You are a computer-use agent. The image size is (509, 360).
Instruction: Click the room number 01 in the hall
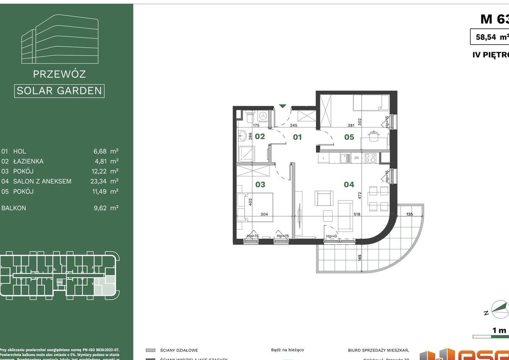pos(297,137)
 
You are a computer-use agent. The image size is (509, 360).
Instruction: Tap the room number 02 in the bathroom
pos(260,136)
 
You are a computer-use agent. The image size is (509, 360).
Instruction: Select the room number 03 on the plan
pos(260,184)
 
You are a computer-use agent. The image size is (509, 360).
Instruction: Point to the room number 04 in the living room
pos(349,184)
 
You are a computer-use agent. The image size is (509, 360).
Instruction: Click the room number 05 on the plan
pos(349,137)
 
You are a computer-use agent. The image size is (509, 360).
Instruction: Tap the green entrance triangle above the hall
pos(282,106)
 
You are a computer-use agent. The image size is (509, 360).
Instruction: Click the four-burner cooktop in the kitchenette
pos(370,158)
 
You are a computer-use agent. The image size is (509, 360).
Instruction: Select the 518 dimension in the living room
pos(356,214)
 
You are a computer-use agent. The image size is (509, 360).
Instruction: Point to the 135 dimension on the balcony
pos(410,214)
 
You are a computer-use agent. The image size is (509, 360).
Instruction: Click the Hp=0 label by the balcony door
pos(331,236)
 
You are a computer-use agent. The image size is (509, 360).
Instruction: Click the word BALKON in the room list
pos(14,208)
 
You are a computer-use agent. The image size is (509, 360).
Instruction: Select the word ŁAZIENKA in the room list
pos(28,161)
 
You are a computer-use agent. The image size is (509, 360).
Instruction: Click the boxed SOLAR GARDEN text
pos(59,91)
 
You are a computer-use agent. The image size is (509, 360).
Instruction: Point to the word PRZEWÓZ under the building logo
pos(59,74)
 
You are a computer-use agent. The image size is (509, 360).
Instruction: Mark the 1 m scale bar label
pos(499,330)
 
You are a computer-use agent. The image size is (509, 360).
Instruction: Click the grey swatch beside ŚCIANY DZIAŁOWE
pos(150,350)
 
